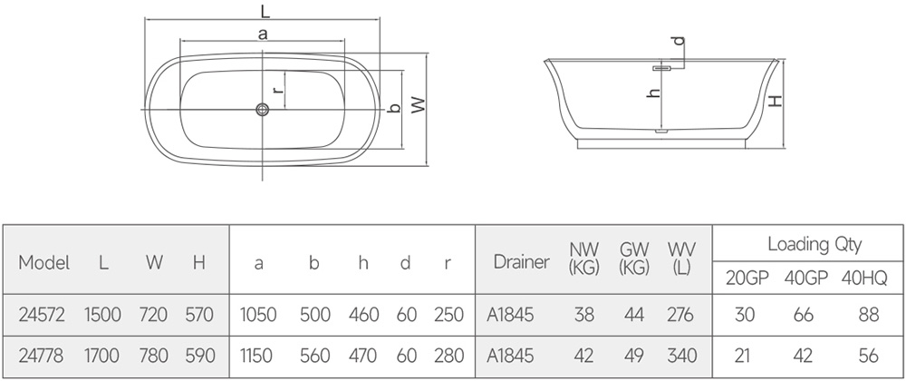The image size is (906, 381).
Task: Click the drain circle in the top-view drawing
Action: (263, 109)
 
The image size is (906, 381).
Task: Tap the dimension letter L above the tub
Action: (265, 10)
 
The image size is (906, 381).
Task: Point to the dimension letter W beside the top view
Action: (418, 104)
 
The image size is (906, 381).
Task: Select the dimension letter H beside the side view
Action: (776, 101)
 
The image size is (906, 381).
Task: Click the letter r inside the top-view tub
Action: (278, 90)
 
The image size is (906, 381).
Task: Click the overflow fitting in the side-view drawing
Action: (663, 68)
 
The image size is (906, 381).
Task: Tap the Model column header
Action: (43, 262)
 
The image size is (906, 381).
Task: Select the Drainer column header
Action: (521, 262)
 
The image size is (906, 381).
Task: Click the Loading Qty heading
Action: (814, 244)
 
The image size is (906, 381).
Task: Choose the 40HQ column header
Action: (863, 278)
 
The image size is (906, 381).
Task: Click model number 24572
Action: (42, 315)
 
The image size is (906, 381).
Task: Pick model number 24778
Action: (42, 355)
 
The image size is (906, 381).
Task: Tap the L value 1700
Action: (101, 355)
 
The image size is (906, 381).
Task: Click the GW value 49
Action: (634, 355)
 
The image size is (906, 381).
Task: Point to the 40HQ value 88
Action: (869, 315)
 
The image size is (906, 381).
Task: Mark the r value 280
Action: (449, 355)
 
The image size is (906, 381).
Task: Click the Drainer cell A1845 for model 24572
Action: (510, 315)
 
